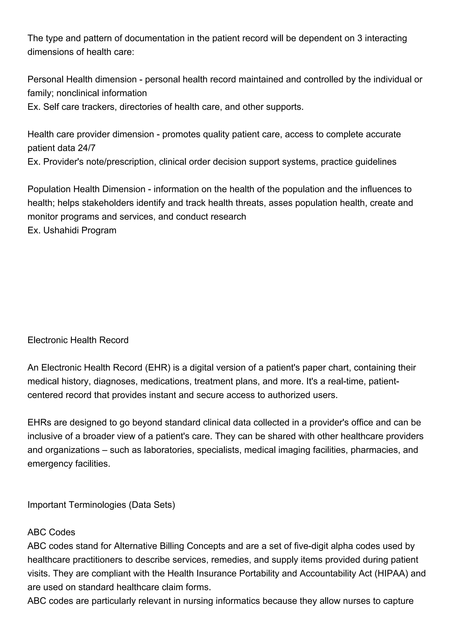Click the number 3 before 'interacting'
tap(360, 38)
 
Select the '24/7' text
tap(86, 148)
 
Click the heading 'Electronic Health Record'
tap(78, 340)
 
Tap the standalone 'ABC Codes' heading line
tap(51, 532)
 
